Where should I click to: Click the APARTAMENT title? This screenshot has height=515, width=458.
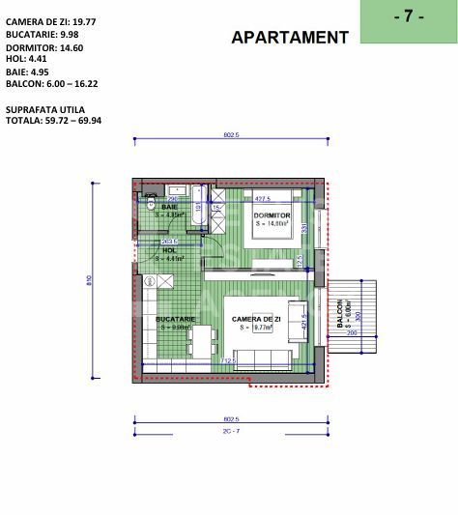pos(290,38)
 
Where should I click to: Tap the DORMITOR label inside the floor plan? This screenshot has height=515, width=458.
pos(272,215)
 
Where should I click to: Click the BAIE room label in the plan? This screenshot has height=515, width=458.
pos(169,207)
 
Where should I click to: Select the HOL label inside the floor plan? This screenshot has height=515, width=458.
pos(169,250)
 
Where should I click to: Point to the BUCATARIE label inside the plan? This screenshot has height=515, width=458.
pos(179,318)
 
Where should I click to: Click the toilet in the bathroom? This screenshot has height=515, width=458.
pos(152,206)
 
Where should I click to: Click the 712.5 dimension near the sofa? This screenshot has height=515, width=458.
pos(229,361)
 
